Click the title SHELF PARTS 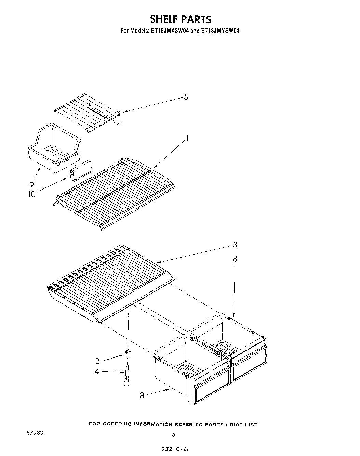pyautogui.click(x=181, y=19)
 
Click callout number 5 pyautogui.click(x=186, y=97)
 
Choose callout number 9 pyautogui.click(x=31, y=185)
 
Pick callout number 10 pyautogui.click(x=31, y=194)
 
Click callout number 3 pyautogui.click(x=235, y=245)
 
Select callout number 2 pyautogui.click(x=97, y=361)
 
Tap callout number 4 pyautogui.click(x=97, y=370)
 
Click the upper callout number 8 pyautogui.click(x=235, y=259)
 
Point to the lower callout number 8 pyautogui.click(x=142, y=395)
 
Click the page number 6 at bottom pyautogui.click(x=174, y=434)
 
